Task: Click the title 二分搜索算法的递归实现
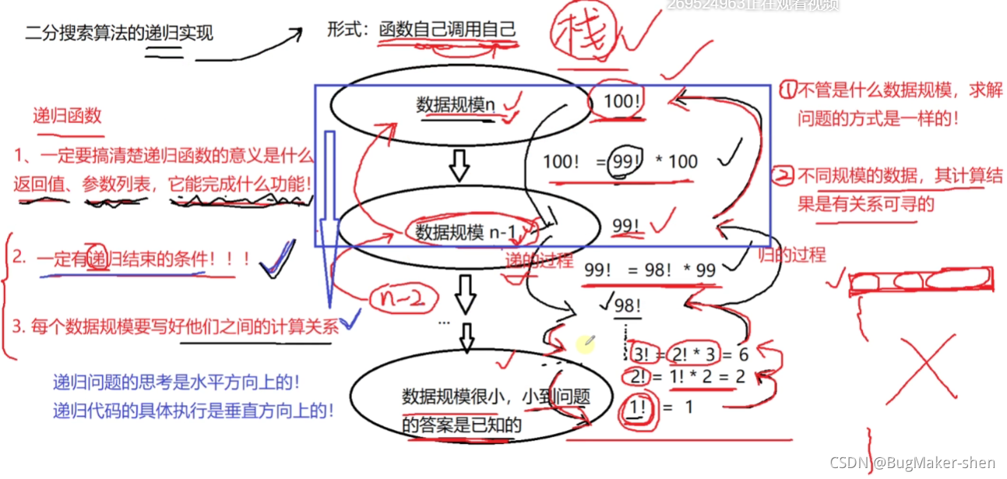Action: point(119,33)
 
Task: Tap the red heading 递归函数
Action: point(67,116)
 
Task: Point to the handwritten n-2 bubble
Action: point(400,297)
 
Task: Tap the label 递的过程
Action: point(539,259)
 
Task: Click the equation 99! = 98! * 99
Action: point(650,270)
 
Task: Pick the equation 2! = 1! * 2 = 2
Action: point(687,377)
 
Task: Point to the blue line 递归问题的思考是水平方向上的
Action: point(177,383)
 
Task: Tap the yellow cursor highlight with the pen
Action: point(585,343)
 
